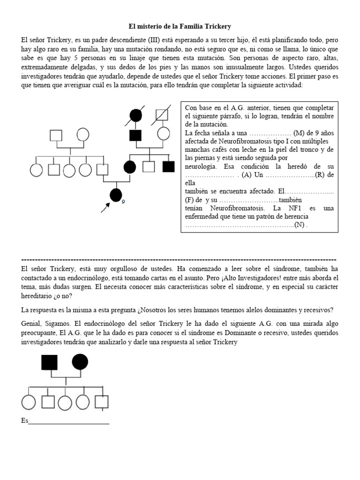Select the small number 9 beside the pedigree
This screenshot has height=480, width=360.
coord(123,202)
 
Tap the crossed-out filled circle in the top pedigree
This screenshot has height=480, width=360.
coord(136,114)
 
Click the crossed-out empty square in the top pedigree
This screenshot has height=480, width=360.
coord(163,114)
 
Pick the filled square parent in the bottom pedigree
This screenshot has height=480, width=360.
coord(49,362)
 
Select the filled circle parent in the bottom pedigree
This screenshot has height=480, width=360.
coord(80,362)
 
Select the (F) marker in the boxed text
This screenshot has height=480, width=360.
coord(190,200)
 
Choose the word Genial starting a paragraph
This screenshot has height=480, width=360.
coord(31,324)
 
